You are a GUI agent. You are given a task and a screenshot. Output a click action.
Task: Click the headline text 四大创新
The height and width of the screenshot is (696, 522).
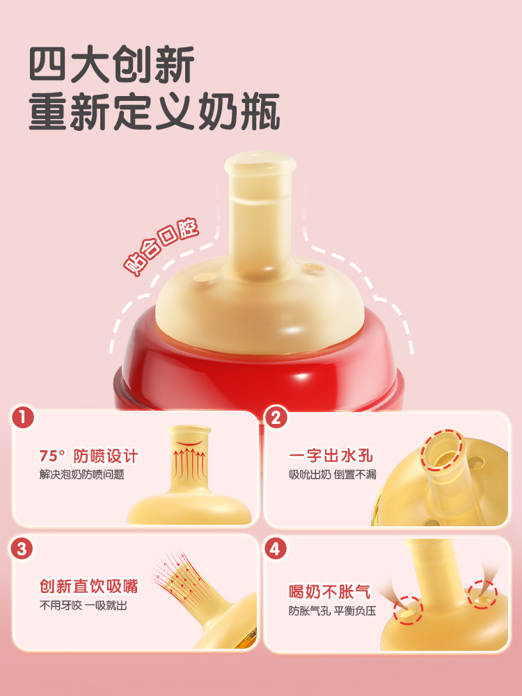(x=112, y=64)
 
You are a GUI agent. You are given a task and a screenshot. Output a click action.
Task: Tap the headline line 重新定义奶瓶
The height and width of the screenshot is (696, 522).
(x=155, y=111)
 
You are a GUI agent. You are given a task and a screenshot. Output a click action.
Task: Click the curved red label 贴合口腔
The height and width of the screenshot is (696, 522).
(x=161, y=247)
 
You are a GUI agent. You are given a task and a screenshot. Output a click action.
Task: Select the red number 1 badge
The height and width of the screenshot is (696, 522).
(x=23, y=418)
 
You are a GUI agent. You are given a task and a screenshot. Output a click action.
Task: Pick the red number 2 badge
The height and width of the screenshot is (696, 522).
(x=276, y=418)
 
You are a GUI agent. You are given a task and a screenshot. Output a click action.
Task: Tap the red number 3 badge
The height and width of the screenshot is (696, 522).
(x=22, y=549)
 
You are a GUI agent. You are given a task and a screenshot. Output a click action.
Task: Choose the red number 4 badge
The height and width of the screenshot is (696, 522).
(x=275, y=549)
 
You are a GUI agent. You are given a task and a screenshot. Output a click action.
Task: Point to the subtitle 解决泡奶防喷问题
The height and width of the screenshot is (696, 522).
(x=81, y=475)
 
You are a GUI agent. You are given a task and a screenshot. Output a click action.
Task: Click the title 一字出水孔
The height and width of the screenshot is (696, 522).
(x=331, y=456)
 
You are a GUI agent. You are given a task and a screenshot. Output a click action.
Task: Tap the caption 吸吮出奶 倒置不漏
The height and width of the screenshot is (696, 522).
(x=333, y=475)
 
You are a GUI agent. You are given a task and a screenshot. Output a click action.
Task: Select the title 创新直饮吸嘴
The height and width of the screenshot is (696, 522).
(x=89, y=586)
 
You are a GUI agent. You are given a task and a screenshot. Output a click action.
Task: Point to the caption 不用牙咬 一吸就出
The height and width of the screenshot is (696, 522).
(x=83, y=605)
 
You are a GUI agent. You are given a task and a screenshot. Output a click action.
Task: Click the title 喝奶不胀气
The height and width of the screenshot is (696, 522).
(x=330, y=592)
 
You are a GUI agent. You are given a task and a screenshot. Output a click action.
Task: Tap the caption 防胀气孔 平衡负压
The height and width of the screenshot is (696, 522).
(x=333, y=611)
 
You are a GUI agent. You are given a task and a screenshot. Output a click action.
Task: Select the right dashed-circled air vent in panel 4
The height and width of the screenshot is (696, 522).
(x=482, y=595)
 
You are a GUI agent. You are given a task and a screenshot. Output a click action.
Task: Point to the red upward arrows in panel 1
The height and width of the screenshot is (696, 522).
(x=189, y=464)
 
